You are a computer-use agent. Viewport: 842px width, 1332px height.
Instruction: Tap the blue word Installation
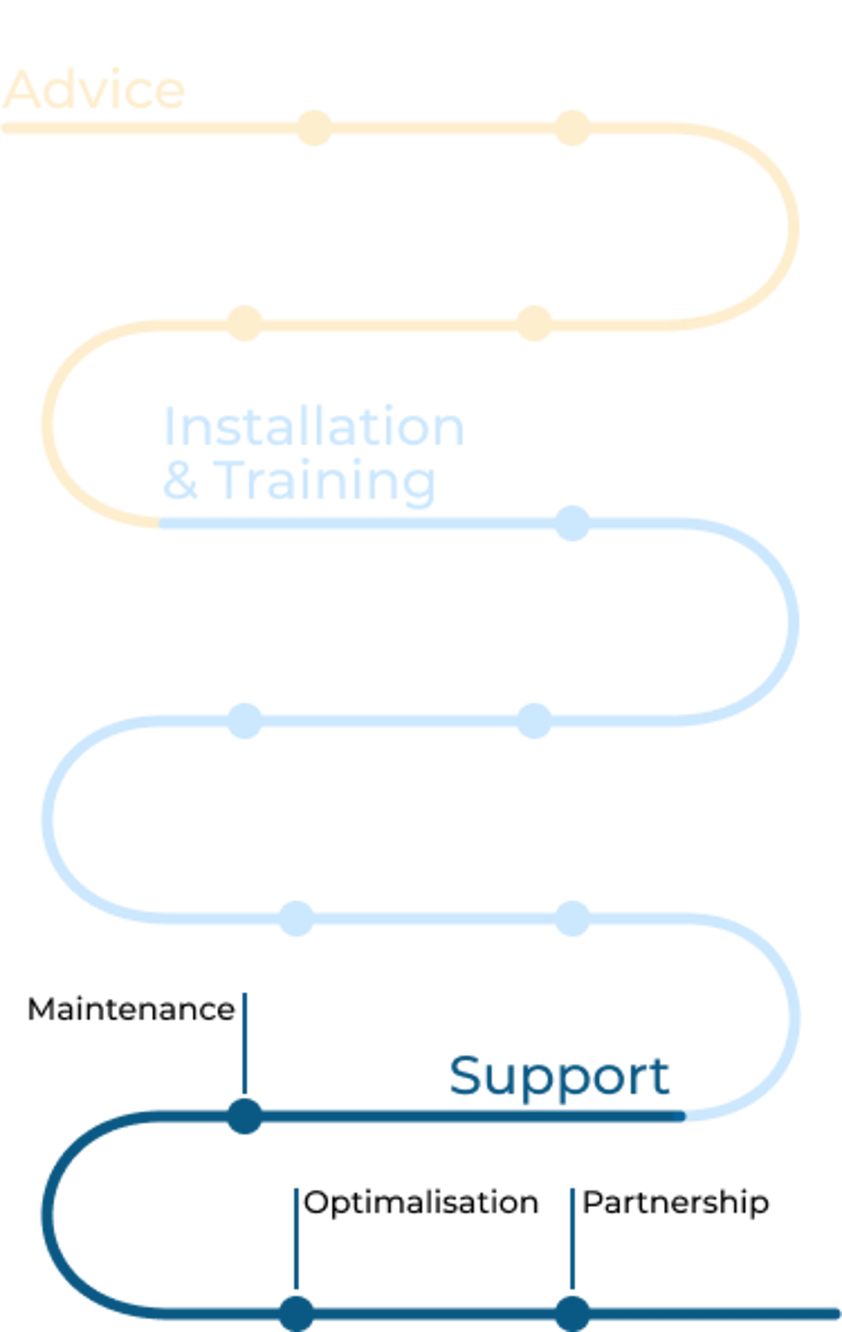(313, 426)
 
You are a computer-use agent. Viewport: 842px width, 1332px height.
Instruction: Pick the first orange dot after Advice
(314, 128)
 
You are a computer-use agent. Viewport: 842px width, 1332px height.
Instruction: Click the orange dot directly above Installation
(245, 322)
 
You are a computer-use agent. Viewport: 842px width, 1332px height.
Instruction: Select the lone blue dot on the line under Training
(572, 524)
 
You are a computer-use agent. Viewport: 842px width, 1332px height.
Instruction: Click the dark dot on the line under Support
(245, 1117)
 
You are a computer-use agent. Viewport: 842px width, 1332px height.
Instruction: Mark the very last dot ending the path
(572, 1313)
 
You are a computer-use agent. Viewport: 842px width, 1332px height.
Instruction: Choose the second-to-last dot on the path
(298, 1313)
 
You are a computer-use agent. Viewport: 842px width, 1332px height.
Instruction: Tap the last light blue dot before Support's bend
(572, 919)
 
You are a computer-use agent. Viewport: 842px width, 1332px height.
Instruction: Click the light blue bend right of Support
(794, 1017)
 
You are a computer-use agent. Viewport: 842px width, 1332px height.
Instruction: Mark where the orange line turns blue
(161, 523)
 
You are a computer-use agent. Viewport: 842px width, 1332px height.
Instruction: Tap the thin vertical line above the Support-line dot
(244, 1040)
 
